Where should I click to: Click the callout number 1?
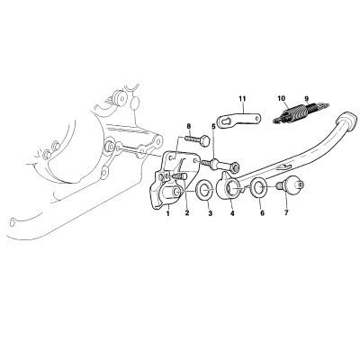[x=168, y=213]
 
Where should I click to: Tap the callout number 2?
[x=187, y=213]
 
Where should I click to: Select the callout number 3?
[x=211, y=213]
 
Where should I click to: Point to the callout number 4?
[x=232, y=213]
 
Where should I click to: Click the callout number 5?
[x=213, y=126]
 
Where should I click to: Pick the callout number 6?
[x=262, y=213]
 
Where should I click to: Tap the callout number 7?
[x=286, y=213]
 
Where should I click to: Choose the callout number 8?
[x=189, y=126]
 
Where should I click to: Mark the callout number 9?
[x=306, y=98]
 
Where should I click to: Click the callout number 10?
[x=282, y=98]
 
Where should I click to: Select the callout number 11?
[x=242, y=98]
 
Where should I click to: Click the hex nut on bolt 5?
[x=235, y=166]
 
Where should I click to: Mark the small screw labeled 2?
[x=179, y=175]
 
